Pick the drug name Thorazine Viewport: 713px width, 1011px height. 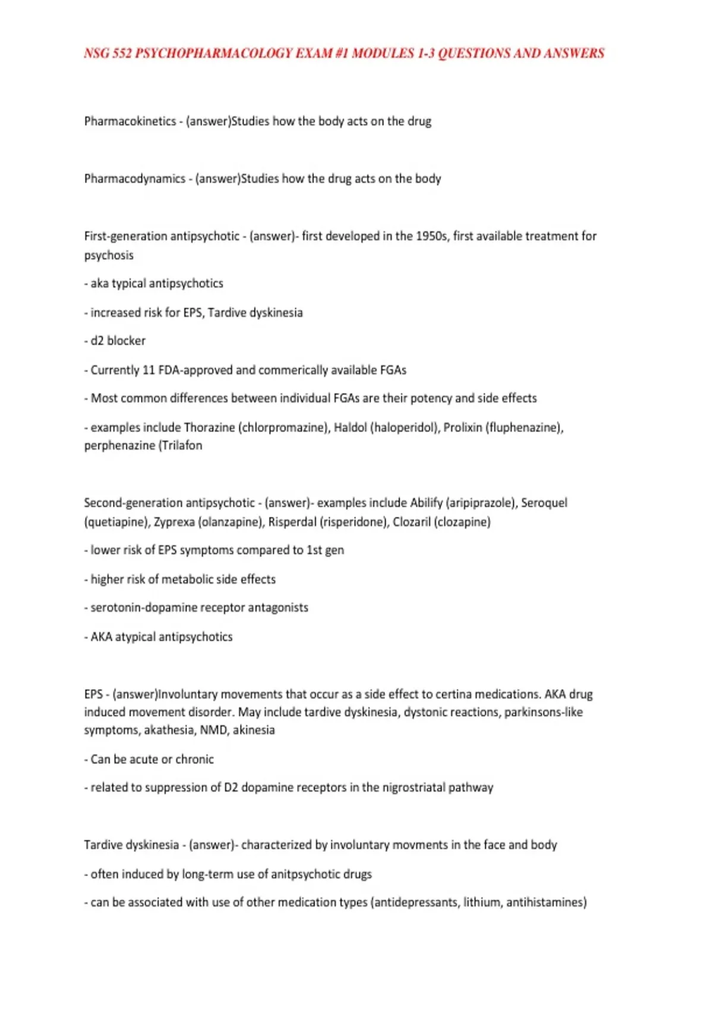(x=210, y=428)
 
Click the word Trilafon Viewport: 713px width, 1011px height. (x=182, y=445)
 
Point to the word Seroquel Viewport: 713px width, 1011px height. (x=544, y=503)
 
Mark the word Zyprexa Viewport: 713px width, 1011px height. (x=174, y=522)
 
